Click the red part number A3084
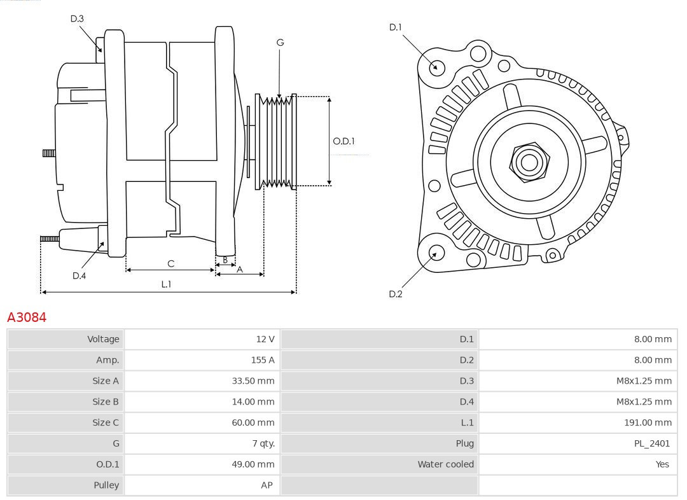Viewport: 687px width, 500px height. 27,317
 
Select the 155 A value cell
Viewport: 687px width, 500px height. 262,360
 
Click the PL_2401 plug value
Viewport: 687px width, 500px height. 651,443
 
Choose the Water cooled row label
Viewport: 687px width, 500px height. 445,464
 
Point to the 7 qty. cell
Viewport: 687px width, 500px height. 260,443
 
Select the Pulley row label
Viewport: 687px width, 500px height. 106,485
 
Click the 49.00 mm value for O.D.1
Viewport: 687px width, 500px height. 253,464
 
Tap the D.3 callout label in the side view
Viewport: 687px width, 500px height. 77,19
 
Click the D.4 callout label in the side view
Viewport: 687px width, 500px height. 79,275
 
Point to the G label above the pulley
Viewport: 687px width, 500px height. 280,43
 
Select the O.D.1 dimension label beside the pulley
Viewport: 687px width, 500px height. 343,141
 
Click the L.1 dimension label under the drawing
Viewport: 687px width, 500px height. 165,284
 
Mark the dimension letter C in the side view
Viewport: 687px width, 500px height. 170,263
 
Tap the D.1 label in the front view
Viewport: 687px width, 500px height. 396,27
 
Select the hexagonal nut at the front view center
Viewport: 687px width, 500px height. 529,162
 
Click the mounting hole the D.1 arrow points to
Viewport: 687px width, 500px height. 437,67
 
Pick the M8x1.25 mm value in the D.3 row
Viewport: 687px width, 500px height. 643,381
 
